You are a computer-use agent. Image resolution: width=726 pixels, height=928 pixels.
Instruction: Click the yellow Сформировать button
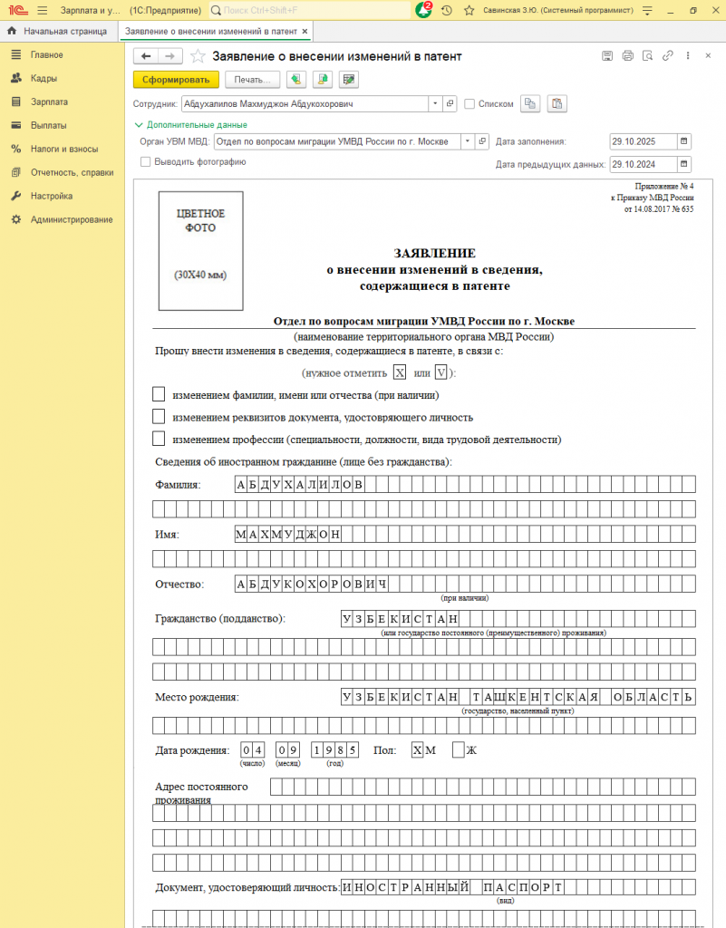(x=176, y=80)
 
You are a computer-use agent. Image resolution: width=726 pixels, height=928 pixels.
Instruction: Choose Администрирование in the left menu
(x=72, y=219)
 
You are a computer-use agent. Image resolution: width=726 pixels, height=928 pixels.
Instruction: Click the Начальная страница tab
(x=60, y=31)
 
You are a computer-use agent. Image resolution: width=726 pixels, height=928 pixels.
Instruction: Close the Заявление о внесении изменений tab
(x=305, y=31)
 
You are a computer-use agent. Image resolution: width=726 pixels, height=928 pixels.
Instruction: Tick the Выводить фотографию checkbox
(x=146, y=161)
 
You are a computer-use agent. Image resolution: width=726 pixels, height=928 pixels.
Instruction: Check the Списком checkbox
(x=469, y=104)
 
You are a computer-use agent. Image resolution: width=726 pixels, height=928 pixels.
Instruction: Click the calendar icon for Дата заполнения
(x=684, y=141)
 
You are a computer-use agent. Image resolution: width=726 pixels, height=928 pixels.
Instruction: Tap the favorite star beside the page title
(x=198, y=56)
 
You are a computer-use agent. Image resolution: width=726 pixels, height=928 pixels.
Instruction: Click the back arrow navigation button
(x=146, y=56)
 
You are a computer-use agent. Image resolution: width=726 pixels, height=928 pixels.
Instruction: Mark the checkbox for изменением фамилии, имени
(x=159, y=394)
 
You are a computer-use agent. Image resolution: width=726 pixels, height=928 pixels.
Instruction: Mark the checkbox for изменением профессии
(x=159, y=440)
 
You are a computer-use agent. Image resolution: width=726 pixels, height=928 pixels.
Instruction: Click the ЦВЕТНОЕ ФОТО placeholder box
(x=200, y=250)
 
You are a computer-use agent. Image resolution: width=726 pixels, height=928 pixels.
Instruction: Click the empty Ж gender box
(x=458, y=749)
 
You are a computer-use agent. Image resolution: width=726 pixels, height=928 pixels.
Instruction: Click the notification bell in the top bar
(x=422, y=10)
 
